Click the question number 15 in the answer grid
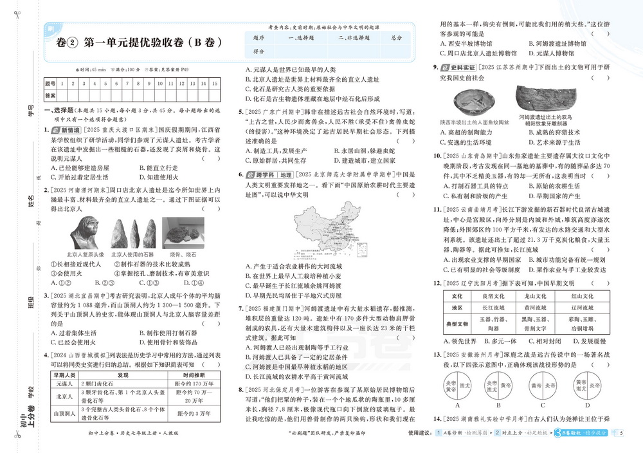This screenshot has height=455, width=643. tap(213, 83)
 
